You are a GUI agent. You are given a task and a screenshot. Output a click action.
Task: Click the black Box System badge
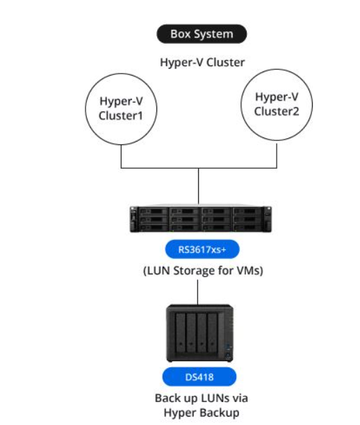pyautogui.click(x=202, y=34)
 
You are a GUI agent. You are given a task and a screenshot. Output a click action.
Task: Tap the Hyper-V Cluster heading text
pyautogui.click(x=202, y=62)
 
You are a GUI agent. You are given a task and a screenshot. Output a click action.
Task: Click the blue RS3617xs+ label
pyautogui.click(x=202, y=249)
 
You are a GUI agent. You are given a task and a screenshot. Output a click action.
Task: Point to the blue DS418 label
pyautogui.click(x=199, y=377)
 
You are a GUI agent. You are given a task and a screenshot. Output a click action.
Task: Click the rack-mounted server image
pyautogui.click(x=201, y=219)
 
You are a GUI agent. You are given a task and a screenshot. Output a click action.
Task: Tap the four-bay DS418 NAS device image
pyautogui.click(x=199, y=333)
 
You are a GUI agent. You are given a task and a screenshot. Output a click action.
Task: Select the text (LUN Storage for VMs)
pyautogui.click(x=203, y=271)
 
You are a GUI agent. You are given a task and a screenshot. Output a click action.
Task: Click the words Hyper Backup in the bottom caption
pyautogui.click(x=202, y=412)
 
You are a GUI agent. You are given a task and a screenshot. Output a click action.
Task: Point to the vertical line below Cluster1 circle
pyautogui.click(x=121, y=156)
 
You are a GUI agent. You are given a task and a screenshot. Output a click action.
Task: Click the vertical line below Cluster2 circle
pyautogui.click(x=277, y=156)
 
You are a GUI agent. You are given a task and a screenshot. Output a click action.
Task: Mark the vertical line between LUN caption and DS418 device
pyautogui.click(x=197, y=292)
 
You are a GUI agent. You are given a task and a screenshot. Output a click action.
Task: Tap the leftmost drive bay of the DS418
pyautogui.click(x=181, y=333)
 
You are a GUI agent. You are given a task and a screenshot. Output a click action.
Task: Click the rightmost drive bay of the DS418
pyautogui.click(x=213, y=333)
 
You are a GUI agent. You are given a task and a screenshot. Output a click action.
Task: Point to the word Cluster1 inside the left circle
pyautogui.click(x=121, y=116)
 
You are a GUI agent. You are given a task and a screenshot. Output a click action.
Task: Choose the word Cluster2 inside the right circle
pyautogui.click(x=277, y=111)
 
